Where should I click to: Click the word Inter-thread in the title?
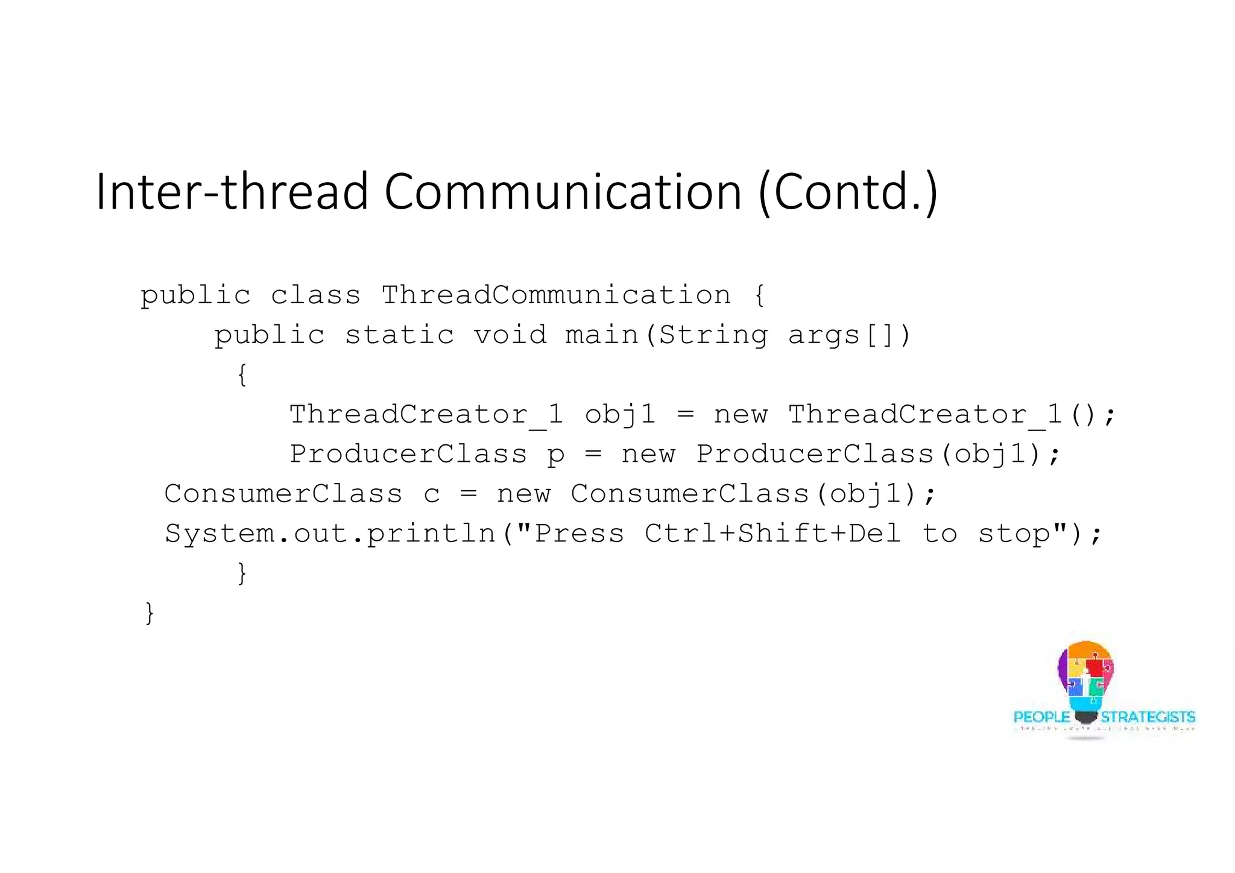click(232, 192)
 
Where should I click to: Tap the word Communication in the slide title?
click(562, 192)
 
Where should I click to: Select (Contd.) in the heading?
click(848, 192)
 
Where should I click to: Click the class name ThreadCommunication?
click(555, 295)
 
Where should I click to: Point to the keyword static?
click(399, 335)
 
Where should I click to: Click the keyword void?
click(510, 335)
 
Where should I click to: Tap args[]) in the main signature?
click(849, 335)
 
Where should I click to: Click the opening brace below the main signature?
click(242, 374)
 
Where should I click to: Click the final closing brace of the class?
click(150, 613)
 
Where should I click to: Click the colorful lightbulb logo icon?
click(1085, 678)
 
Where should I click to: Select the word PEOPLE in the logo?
click(1041, 717)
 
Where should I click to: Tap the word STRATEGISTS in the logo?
click(1148, 717)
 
